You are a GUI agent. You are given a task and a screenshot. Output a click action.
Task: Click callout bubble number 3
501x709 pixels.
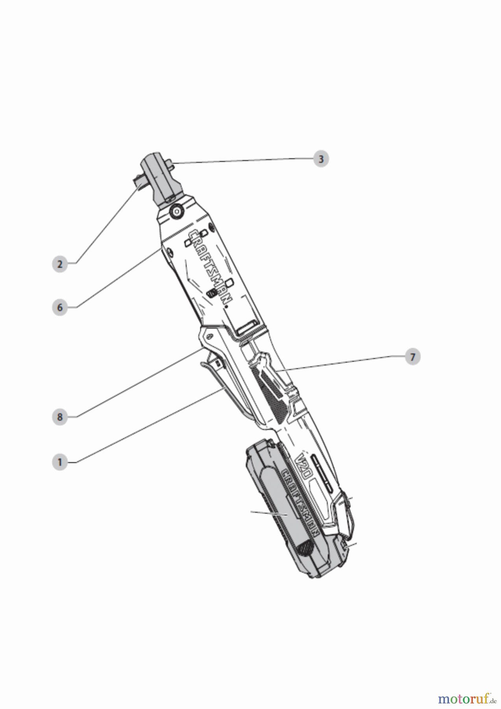tap(321, 159)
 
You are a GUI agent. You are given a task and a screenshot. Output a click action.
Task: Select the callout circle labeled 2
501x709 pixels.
tap(60, 264)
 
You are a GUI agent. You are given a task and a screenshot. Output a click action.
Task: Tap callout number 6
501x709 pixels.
tap(60, 307)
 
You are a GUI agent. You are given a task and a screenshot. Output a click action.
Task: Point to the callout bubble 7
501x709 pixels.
tap(412, 357)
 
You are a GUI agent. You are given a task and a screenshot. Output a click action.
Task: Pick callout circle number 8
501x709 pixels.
tap(60, 417)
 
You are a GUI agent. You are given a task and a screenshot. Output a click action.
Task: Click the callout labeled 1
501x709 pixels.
tap(60, 462)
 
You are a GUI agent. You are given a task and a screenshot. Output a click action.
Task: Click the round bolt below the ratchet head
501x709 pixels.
tap(176, 212)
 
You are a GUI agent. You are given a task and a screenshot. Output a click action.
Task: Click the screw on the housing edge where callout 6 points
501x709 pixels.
tap(169, 252)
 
